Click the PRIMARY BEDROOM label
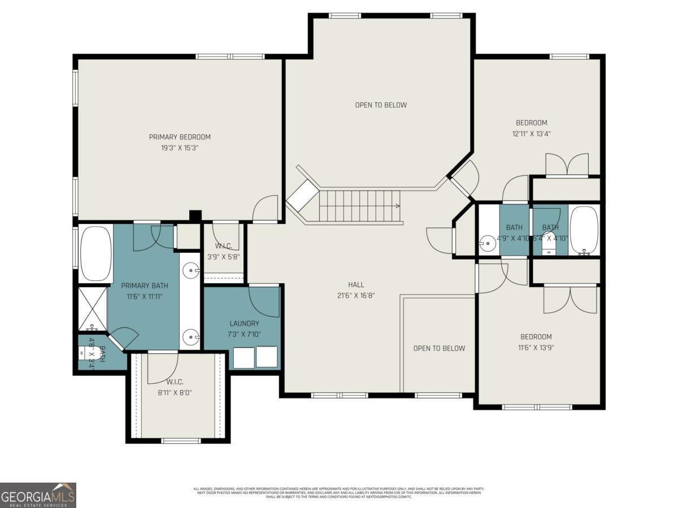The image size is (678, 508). pyautogui.click(x=180, y=137)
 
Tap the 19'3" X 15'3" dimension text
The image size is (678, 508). pyautogui.click(x=180, y=148)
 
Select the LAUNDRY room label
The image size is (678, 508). pyautogui.click(x=244, y=323)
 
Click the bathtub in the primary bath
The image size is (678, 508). pyautogui.click(x=96, y=253)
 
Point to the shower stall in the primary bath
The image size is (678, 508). pyautogui.click(x=92, y=309)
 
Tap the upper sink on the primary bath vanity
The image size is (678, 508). pyautogui.click(x=192, y=271)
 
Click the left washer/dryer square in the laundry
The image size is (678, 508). pyautogui.click(x=244, y=357)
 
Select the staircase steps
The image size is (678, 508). pyautogui.click(x=359, y=206)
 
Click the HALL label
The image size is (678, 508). pyautogui.click(x=356, y=284)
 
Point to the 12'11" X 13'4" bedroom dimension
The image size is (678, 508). pyautogui.click(x=531, y=134)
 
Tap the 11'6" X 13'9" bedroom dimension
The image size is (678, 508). pyautogui.click(x=536, y=348)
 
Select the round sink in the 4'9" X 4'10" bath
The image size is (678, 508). pyautogui.click(x=486, y=244)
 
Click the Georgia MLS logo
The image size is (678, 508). pyautogui.click(x=38, y=495)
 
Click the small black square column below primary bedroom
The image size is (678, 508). pyautogui.click(x=195, y=216)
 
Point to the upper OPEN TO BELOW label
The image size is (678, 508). pyautogui.click(x=381, y=105)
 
